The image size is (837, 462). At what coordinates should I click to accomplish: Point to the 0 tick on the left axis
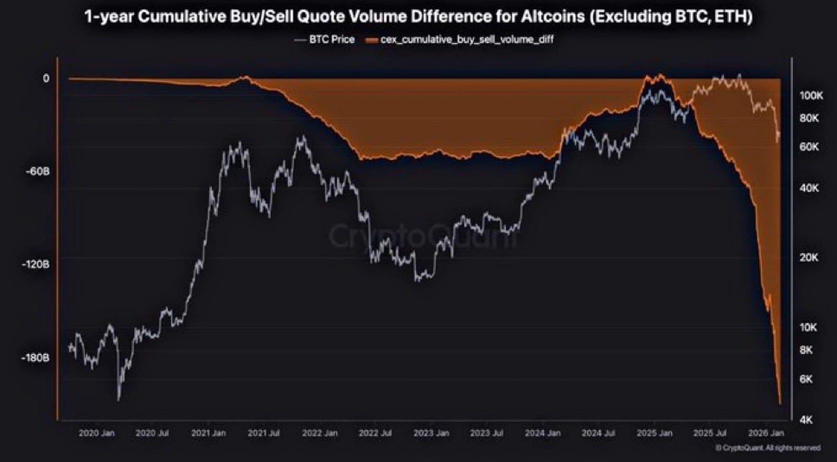tap(46, 79)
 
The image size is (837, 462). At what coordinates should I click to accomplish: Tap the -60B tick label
tap(38, 171)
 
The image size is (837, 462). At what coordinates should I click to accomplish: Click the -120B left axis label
tap(36, 265)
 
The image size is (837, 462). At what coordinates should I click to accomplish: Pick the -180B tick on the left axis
tap(36, 358)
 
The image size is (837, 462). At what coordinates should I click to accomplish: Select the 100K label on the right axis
tap(811, 96)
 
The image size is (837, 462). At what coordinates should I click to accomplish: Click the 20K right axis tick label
tap(809, 258)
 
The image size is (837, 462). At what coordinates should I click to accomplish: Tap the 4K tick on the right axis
tap(806, 419)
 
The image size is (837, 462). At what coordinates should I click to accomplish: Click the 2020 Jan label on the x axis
tap(96, 433)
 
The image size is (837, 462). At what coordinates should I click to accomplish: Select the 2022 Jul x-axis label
tap(375, 433)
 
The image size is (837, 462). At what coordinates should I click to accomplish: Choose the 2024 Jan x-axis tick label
tap(543, 433)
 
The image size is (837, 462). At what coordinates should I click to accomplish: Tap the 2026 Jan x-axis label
tap(766, 433)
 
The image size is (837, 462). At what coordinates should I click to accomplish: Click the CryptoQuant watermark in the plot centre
tap(423, 237)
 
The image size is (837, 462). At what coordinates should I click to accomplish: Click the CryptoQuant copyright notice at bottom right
tap(768, 448)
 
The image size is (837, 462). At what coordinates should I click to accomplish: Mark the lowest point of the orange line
tap(780, 403)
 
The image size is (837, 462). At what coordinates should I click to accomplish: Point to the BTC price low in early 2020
tap(118, 399)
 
